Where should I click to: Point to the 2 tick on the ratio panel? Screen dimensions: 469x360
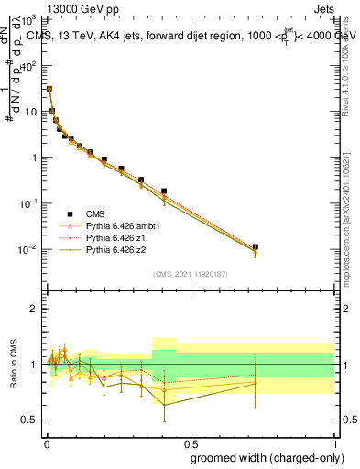coord(34,309)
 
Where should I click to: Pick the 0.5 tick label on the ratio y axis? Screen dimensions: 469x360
coord(29,420)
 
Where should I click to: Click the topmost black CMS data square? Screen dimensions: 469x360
coord(49,90)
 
